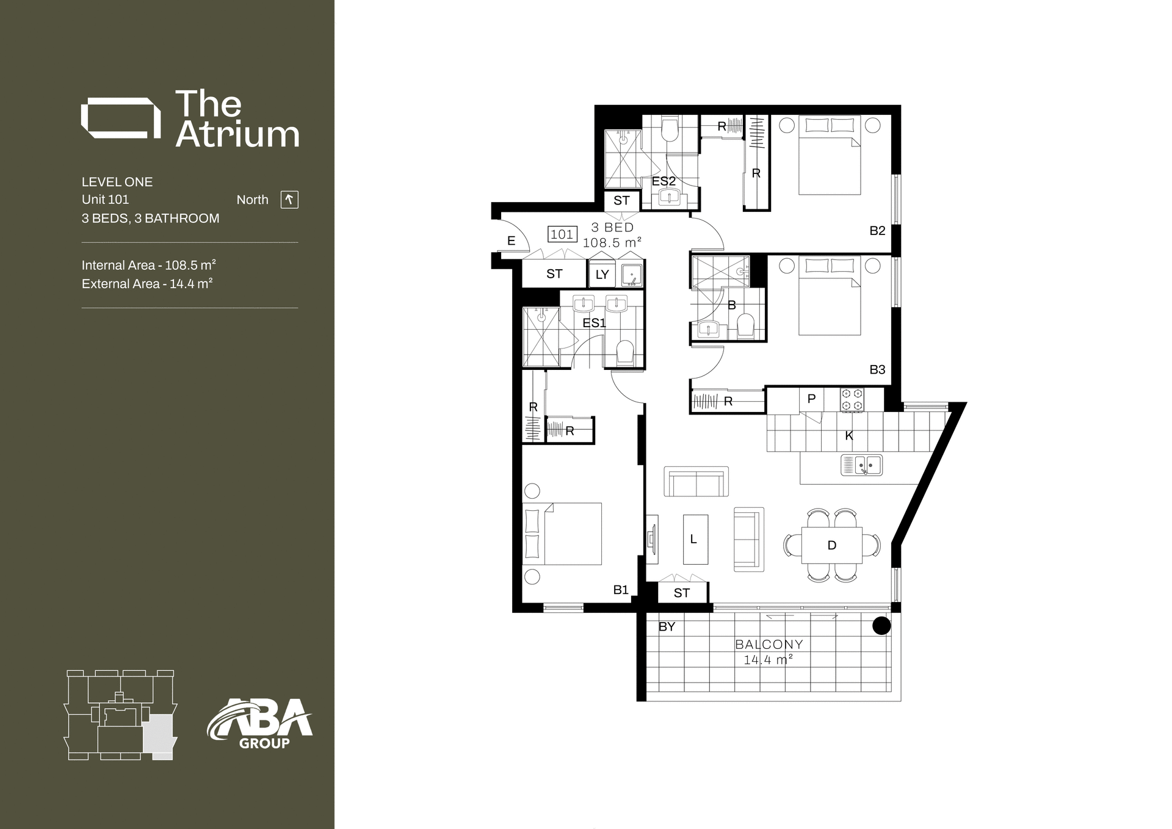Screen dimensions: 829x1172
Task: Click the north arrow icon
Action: [289, 200]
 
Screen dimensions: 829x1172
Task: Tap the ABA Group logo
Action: [260, 725]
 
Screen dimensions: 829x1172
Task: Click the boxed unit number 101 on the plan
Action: [562, 234]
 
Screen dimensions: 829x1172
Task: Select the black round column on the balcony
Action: [881, 626]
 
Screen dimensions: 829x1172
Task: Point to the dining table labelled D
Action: [831, 545]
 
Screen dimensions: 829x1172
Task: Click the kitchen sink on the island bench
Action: [861, 466]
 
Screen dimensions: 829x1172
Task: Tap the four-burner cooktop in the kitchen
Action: [852, 400]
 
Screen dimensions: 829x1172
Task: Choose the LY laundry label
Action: [602, 275]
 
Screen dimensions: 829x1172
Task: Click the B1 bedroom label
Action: [621, 590]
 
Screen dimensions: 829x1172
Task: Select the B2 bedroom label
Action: [877, 231]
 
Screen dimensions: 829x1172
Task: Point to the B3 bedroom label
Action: [877, 369]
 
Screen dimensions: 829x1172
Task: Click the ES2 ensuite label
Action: [664, 181]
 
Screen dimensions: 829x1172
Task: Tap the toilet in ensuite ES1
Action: [625, 353]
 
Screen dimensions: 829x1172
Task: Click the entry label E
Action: [512, 241]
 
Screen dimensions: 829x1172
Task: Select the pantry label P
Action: [811, 399]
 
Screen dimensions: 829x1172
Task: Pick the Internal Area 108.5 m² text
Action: [149, 266]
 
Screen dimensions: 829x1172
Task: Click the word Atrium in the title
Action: [237, 135]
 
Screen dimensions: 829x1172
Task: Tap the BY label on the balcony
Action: [667, 626]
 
